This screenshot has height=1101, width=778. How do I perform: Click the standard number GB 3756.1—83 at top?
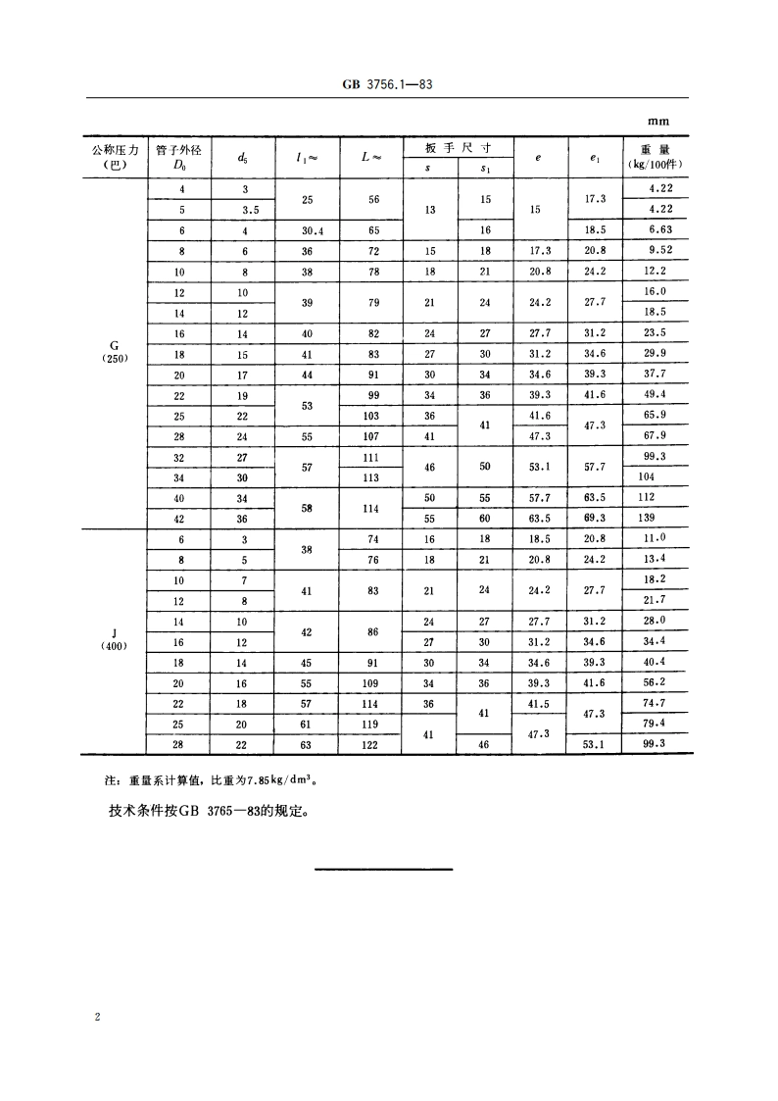(389, 85)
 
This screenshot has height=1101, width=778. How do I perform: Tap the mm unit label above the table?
(658, 122)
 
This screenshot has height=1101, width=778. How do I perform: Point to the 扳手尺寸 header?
(458, 148)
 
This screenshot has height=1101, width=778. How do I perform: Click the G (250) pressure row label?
(117, 351)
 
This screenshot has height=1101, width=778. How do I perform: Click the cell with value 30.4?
(307, 229)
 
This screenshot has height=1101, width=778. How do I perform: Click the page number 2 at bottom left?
(97, 1019)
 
